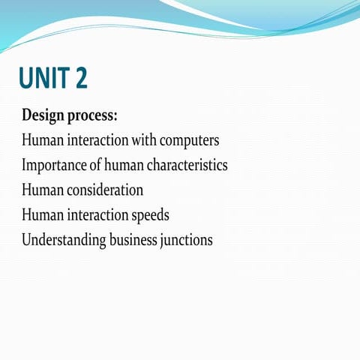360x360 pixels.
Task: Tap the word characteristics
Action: click(187, 165)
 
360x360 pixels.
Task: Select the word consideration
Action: click(103, 190)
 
